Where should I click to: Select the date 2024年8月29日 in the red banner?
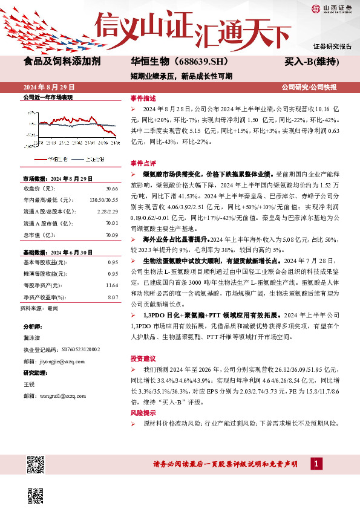pyautogui.click(x=50, y=87)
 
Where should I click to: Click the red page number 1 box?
pyautogui.click(x=315, y=464)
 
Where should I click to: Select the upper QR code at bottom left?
pyautogui.click(x=36, y=464)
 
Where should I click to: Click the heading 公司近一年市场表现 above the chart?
pyautogui.click(x=48, y=97)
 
